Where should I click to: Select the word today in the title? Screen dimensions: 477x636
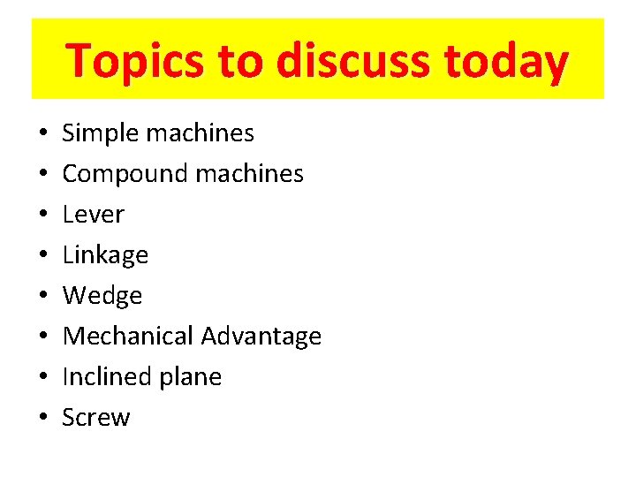(x=507, y=61)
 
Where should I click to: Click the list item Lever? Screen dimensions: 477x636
(x=94, y=215)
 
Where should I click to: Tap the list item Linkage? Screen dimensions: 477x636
(x=105, y=255)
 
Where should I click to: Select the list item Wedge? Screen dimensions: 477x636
(x=102, y=296)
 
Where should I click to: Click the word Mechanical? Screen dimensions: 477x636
(x=128, y=337)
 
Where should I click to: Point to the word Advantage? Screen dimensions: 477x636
(x=261, y=337)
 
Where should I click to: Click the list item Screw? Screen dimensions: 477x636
(x=96, y=418)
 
